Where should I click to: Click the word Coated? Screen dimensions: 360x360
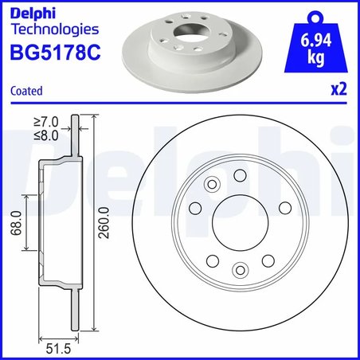point(25,92)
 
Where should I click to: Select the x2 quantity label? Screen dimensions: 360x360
point(339,91)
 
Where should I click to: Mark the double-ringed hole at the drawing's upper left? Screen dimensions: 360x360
point(212,186)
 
